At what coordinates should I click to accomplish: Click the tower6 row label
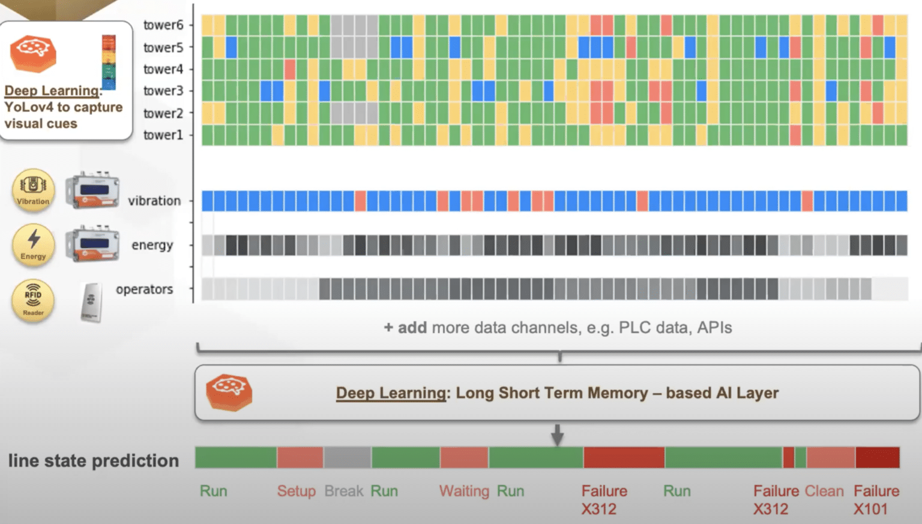tap(163, 25)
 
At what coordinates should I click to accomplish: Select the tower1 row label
tap(163, 134)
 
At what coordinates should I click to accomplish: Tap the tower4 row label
tap(163, 69)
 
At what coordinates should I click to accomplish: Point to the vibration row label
tap(154, 201)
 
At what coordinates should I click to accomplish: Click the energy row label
tap(152, 245)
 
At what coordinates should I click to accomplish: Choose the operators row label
tap(145, 289)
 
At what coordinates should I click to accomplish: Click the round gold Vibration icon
tap(33, 190)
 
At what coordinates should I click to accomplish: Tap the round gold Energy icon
tap(33, 244)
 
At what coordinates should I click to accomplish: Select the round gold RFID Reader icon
tap(33, 300)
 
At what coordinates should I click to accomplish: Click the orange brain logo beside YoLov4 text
tap(33, 53)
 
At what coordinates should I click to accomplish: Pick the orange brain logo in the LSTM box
tap(229, 393)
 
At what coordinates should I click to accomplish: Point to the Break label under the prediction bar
tap(344, 491)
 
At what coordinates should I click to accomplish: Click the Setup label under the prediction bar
tap(297, 491)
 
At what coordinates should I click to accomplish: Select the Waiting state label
tap(464, 491)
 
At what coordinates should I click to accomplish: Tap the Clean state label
tap(824, 491)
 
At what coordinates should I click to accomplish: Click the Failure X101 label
tap(876, 500)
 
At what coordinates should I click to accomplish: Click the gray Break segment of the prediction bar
tap(348, 457)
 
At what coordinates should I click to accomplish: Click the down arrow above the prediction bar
tap(557, 435)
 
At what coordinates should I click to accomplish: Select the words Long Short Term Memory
tap(552, 393)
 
